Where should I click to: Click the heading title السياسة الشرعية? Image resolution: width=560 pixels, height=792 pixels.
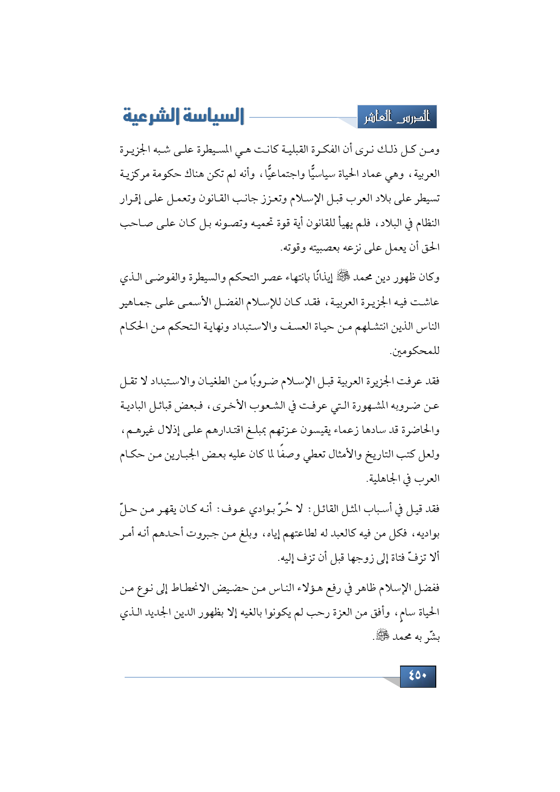[183, 116]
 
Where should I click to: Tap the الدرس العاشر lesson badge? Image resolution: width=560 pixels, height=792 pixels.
[397, 117]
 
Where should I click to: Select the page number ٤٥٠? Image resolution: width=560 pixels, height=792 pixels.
[418, 676]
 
